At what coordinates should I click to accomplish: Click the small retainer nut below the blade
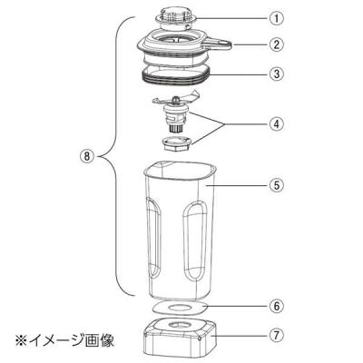coord(175,143)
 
